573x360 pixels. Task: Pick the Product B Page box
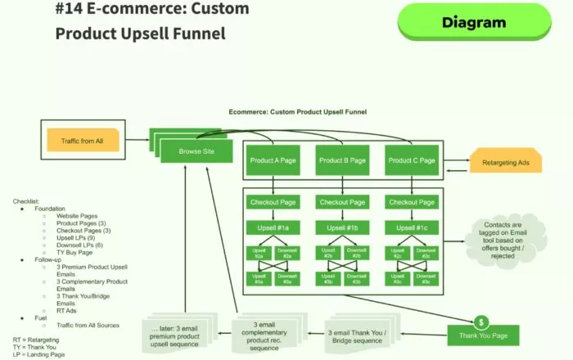[342, 160]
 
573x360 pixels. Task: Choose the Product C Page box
[411, 160]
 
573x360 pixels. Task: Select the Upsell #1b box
[342, 226]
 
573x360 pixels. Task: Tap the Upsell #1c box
[411, 226]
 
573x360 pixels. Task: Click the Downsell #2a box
[288, 254]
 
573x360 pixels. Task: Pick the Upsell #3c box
[397, 281]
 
